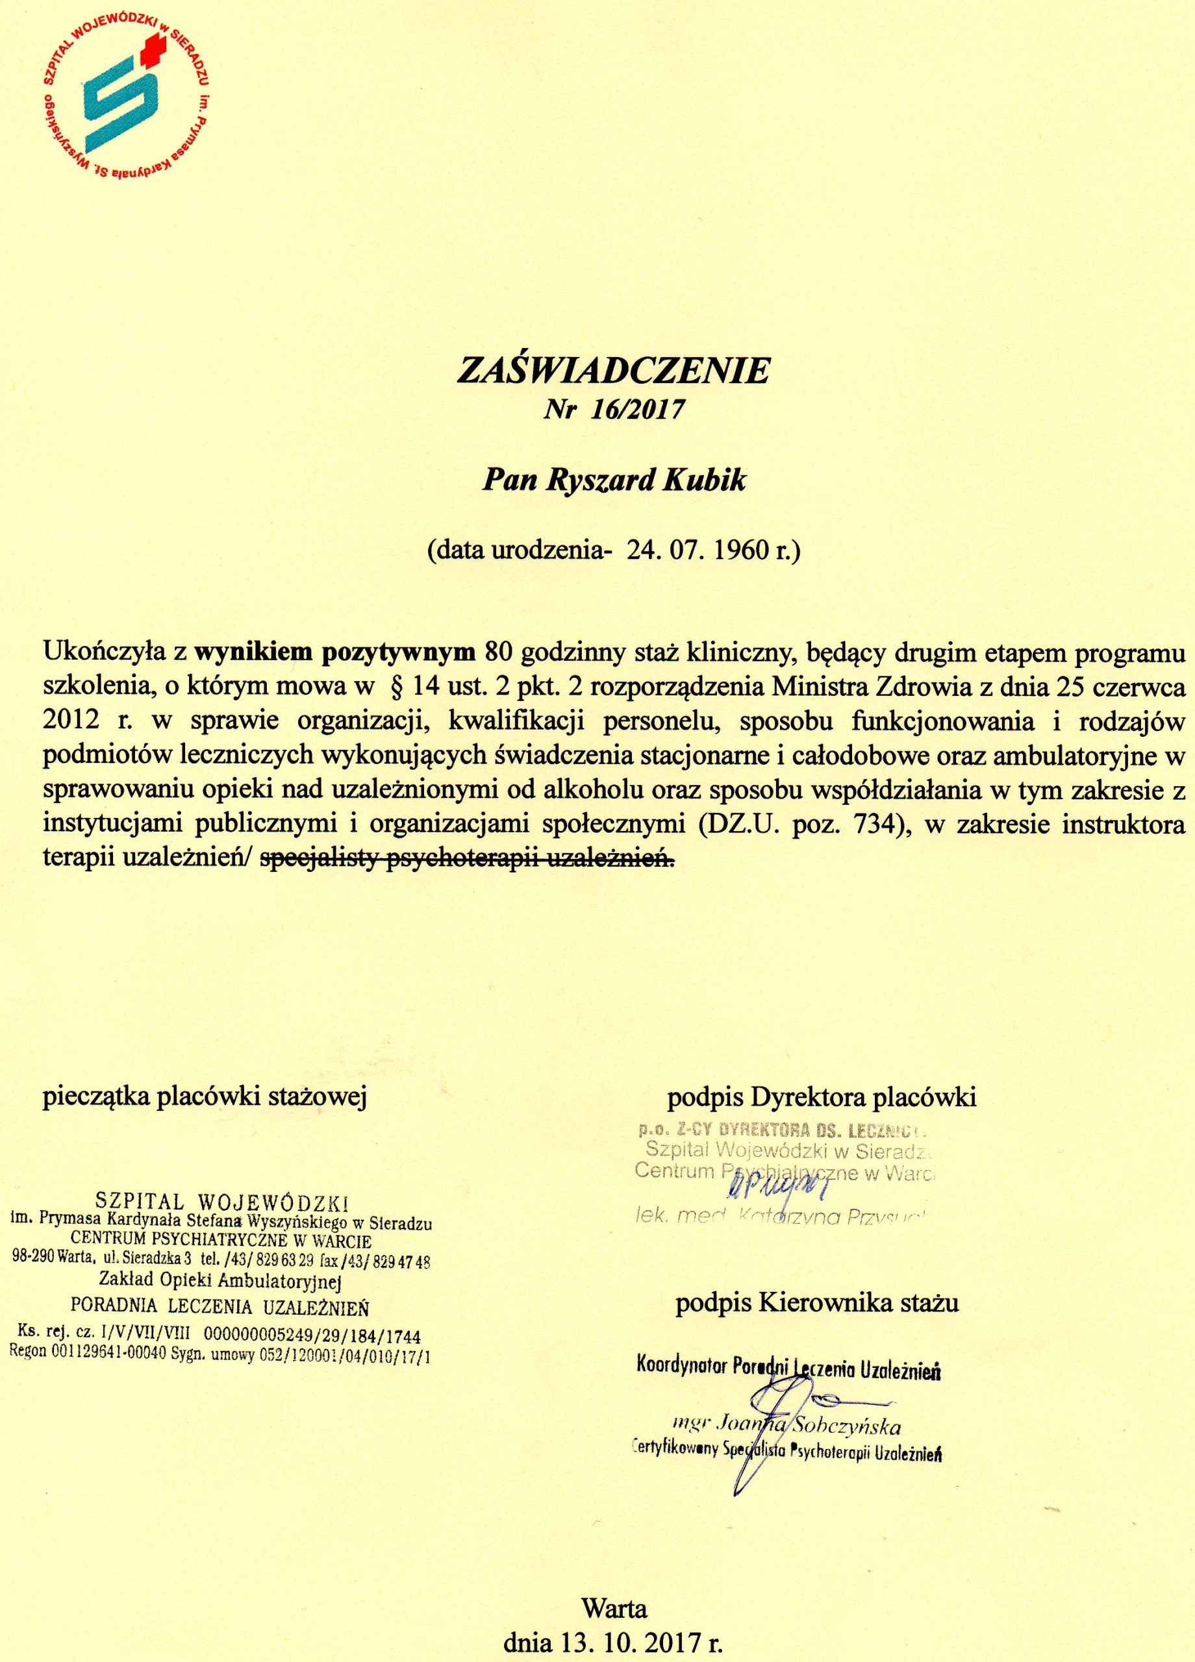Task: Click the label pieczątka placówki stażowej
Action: click(x=205, y=1097)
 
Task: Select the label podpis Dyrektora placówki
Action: click(x=822, y=1097)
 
